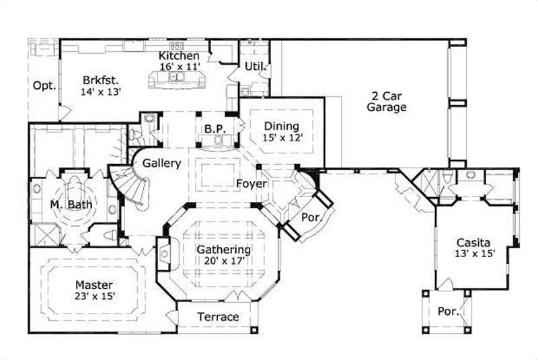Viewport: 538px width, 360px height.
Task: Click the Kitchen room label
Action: (x=179, y=56)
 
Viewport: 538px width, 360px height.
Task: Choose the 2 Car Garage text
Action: (x=387, y=101)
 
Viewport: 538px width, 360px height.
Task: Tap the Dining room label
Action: (x=281, y=126)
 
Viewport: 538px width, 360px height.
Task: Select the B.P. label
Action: (x=215, y=129)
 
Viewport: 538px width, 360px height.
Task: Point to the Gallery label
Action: (x=160, y=164)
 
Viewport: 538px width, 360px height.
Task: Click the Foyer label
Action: (x=252, y=183)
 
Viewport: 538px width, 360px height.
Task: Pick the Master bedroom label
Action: (x=93, y=285)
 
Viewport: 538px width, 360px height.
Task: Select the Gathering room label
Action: (x=223, y=250)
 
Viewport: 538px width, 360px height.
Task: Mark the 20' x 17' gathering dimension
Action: (x=223, y=261)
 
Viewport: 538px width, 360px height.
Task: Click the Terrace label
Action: (x=217, y=317)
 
